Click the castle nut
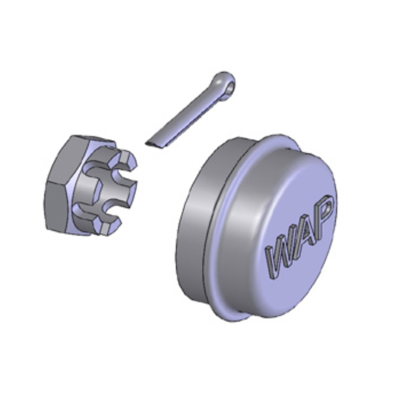91,186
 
